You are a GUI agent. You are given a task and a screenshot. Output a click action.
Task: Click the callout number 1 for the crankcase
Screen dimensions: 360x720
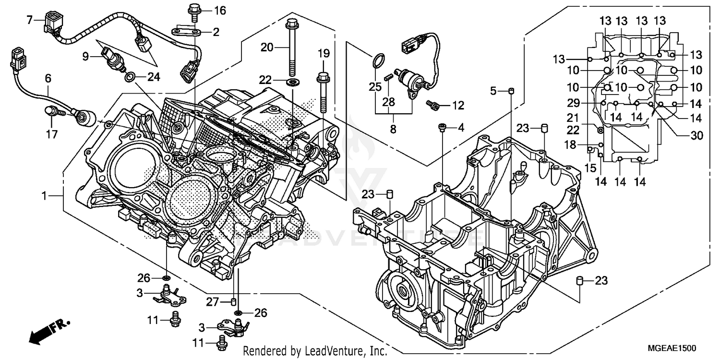[x=44, y=196]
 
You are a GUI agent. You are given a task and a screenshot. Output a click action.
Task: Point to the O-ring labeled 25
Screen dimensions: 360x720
[x=379, y=62]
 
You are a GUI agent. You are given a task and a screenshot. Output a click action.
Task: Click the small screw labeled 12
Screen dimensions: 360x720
[x=432, y=104]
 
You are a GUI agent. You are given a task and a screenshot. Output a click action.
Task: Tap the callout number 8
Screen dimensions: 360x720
[x=393, y=129]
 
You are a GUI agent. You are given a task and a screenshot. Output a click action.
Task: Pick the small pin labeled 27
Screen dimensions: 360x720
[x=234, y=301]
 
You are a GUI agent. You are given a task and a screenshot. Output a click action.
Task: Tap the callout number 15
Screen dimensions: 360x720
[x=590, y=168]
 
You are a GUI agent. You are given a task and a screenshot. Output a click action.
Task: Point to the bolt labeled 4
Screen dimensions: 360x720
[x=442, y=127]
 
